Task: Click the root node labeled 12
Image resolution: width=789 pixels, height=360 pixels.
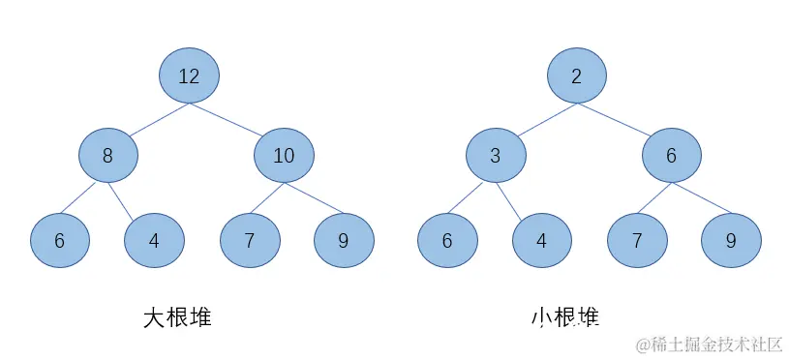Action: coord(189,75)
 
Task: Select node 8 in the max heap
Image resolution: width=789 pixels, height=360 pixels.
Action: coord(107,155)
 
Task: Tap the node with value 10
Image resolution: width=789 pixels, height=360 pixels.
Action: coord(284,155)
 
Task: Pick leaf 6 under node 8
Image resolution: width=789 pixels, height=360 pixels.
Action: coord(60,240)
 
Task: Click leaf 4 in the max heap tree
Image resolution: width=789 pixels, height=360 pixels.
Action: coord(154,240)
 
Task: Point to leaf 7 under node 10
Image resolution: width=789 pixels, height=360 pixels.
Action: coord(250,240)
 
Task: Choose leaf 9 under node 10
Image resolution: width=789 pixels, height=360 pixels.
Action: coord(344,240)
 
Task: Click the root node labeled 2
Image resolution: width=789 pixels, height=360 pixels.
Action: coord(576,75)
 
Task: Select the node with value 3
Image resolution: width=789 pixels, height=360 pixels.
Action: coord(495,155)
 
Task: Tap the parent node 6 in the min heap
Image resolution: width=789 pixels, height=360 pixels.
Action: coord(671,155)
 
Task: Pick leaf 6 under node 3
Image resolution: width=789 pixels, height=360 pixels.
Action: coord(447,240)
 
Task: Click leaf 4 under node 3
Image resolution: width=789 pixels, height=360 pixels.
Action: coord(541,240)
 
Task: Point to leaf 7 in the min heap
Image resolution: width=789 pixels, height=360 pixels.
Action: coord(637,240)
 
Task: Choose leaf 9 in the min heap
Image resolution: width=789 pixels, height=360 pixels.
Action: coord(731,240)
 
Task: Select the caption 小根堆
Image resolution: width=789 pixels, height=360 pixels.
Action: coord(563,317)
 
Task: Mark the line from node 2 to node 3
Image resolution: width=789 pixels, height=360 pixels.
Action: coord(535,115)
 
